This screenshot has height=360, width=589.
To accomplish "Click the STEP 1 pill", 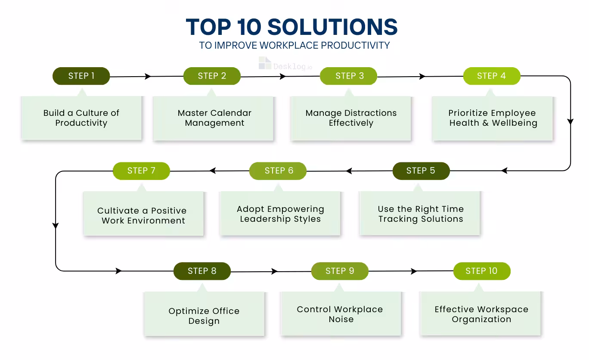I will [x=81, y=76].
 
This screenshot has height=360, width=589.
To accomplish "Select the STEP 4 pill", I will [x=491, y=76].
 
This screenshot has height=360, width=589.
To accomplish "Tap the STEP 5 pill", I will [x=421, y=171].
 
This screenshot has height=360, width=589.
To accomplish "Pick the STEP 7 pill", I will [x=141, y=171].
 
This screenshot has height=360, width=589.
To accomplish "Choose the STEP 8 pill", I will [x=202, y=271].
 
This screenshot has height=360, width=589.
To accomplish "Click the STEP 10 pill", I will [x=481, y=271].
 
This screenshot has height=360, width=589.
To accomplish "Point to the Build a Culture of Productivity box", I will [x=81, y=118].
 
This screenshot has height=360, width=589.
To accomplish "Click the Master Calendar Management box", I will [x=214, y=118].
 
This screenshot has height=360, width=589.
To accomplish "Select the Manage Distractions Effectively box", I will [x=351, y=118].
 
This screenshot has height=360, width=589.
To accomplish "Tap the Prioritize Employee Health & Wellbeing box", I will [x=493, y=118].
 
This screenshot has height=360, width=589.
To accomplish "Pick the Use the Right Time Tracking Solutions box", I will [x=420, y=214].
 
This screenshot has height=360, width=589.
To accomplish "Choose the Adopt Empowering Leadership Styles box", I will [x=280, y=214].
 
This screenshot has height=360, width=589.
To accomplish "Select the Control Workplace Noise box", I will [x=340, y=314].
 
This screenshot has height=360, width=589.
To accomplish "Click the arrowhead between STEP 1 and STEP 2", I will [x=148, y=77].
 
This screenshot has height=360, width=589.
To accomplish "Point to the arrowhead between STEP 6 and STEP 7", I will [x=213, y=171].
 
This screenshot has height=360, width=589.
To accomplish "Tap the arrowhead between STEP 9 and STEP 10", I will [x=414, y=271].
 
